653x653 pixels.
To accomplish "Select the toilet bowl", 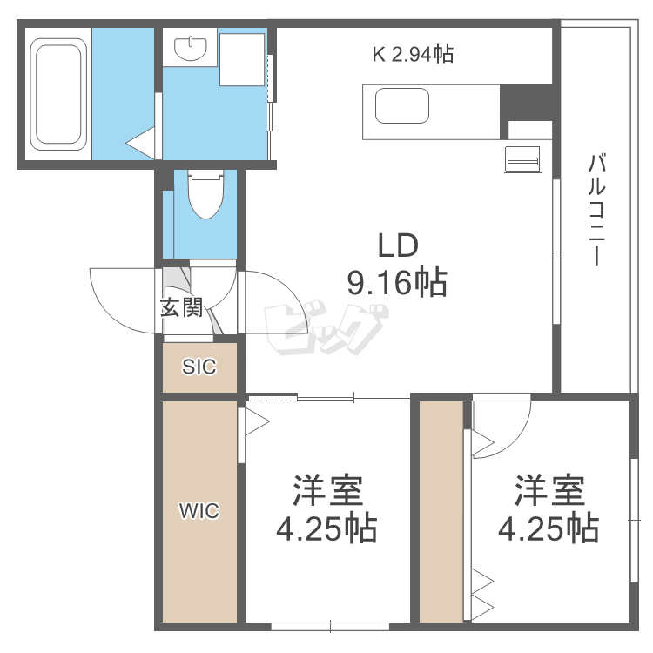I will click(205, 196).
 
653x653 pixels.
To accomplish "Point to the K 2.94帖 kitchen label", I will click(413, 55).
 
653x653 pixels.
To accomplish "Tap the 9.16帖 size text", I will click(398, 282).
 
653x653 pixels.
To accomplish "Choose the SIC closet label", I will click(199, 367).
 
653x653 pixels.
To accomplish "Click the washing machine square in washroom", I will click(241, 59).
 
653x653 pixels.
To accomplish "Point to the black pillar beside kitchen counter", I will click(526, 102).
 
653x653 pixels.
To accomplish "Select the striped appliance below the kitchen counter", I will click(522, 158).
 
